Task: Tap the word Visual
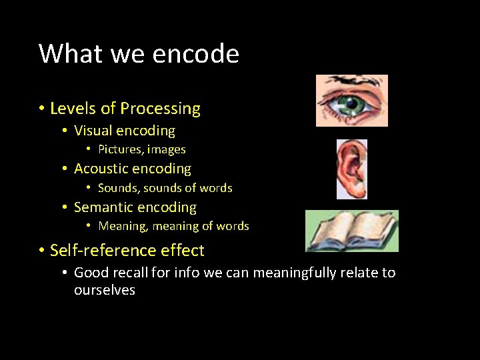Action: pos(94,131)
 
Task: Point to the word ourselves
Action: pos(105,290)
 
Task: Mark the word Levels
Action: pos(69,109)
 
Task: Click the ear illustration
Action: pos(351,169)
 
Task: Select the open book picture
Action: pos(351,231)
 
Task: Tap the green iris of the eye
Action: pos(351,105)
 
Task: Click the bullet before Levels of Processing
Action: pos(41,109)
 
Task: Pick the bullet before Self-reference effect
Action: pos(41,251)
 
